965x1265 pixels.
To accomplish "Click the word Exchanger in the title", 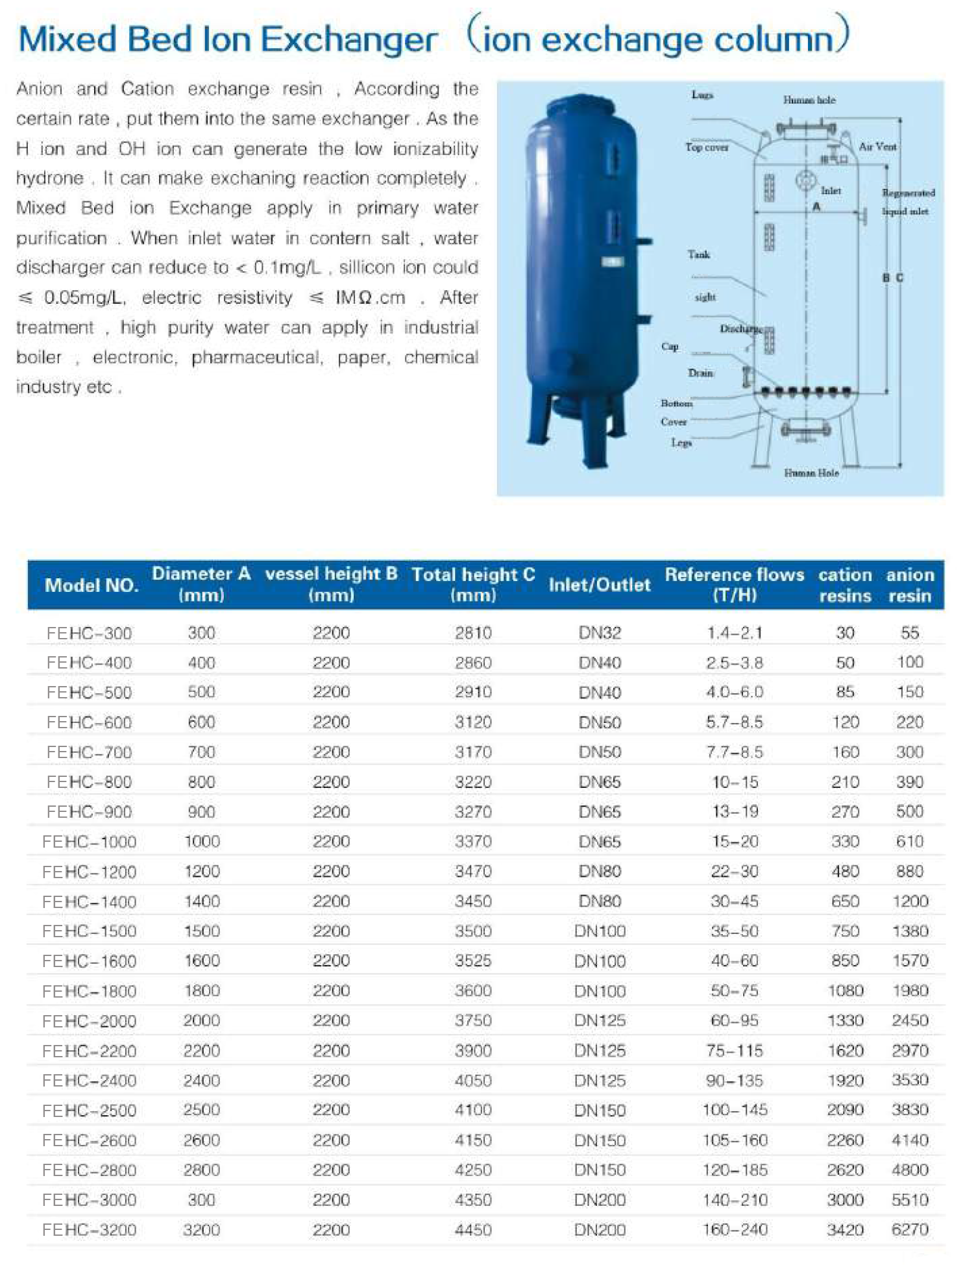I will (349, 40).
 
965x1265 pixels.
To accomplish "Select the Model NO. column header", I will (92, 585).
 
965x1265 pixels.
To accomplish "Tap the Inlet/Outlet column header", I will (599, 585).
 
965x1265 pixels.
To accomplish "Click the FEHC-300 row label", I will (89, 633).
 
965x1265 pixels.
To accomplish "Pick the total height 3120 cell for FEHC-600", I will (473, 722).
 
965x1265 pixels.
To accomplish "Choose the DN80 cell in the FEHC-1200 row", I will (600, 872).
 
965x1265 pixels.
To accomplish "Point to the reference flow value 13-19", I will (735, 812).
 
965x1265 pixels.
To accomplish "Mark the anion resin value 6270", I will (910, 1230).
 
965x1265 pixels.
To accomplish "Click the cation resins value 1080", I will (845, 991).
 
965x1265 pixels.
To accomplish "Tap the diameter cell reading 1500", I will (202, 931).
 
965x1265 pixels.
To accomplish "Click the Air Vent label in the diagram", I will (877, 147).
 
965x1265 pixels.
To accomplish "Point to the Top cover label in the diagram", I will (707, 147).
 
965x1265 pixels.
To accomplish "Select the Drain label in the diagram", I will (700, 373).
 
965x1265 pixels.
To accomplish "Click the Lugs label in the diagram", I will (702, 95).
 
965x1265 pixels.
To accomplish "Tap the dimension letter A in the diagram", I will (816, 206).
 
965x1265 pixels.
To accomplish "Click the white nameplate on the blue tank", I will (613, 262).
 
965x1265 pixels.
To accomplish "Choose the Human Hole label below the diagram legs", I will (811, 473).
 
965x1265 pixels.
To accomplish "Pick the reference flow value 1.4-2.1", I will (735, 633).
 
